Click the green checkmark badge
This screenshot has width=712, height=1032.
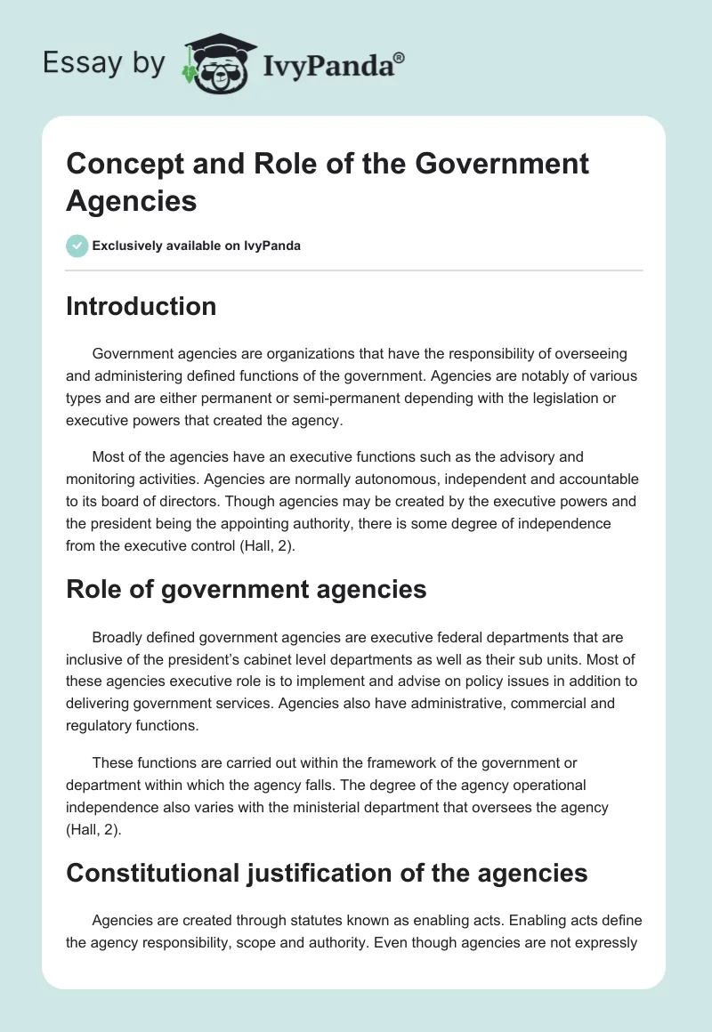77,246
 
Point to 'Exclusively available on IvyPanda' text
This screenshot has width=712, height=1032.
197,246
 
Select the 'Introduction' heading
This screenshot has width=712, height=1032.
141,307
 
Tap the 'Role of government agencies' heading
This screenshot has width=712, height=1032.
246,589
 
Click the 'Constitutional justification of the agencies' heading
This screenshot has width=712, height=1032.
327,873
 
